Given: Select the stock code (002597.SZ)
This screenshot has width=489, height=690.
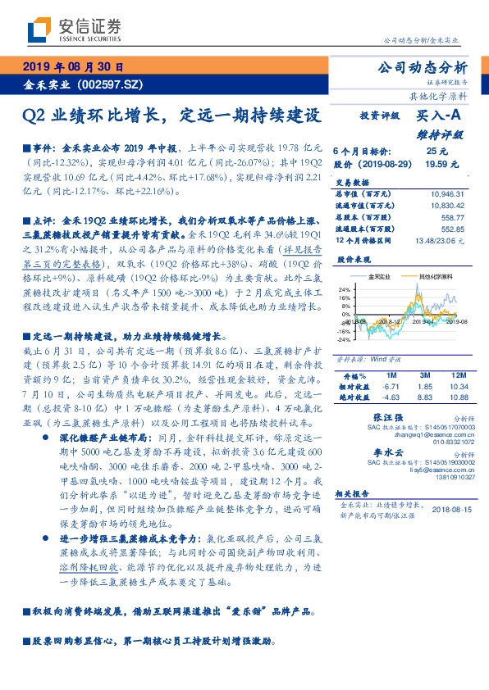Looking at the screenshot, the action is [x=110, y=84].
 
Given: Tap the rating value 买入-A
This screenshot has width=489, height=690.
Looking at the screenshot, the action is [x=436, y=118].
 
